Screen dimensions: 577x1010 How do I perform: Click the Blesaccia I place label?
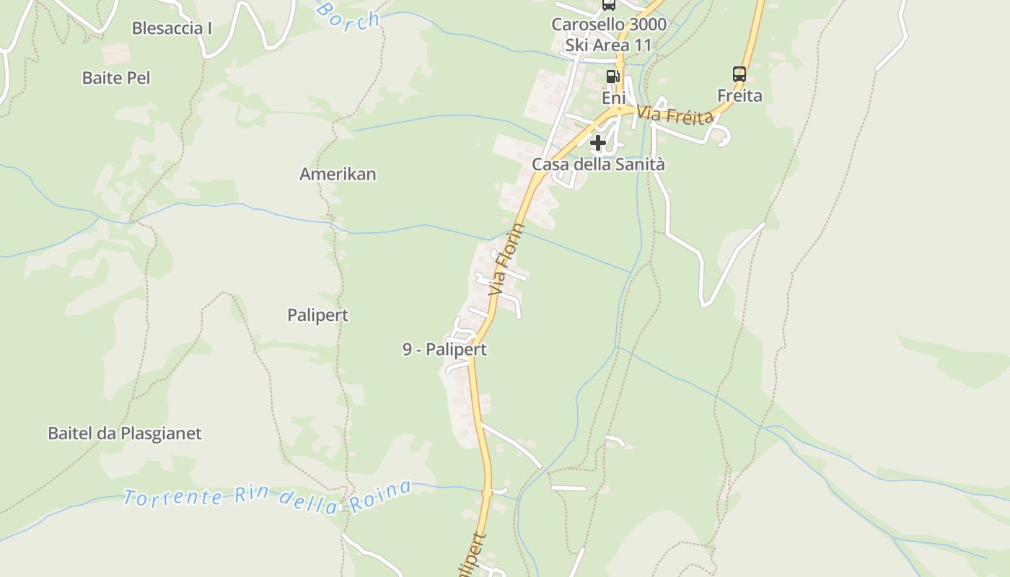[172, 29]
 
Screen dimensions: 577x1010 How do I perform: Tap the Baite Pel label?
[116, 78]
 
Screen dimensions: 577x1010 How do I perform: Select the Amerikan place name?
[338, 174]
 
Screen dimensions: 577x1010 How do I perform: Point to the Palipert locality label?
[317, 315]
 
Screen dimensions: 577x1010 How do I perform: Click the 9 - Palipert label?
[444, 350]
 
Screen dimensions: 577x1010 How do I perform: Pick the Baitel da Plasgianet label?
[125, 433]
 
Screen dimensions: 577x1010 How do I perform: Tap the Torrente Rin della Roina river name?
[267, 497]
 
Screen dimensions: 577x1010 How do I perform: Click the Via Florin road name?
[506, 260]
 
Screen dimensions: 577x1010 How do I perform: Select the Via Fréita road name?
[675, 115]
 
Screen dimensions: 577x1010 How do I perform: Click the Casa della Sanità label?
[598, 164]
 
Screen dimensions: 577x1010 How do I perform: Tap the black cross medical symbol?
[598, 143]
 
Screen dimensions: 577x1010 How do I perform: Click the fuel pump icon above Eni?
[612, 76]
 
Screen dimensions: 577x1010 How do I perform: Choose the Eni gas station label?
[614, 97]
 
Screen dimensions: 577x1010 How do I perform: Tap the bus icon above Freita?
[739, 74]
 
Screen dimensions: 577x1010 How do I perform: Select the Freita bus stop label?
[739, 95]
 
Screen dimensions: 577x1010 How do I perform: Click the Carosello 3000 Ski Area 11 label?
[609, 35]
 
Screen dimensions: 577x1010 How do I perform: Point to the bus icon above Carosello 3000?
[609, 4]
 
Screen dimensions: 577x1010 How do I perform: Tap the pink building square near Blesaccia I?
[115, 53]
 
